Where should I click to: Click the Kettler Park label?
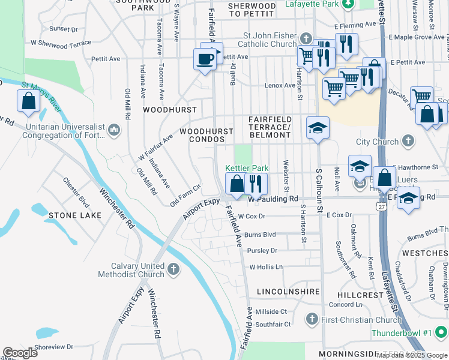(x=247, y=169)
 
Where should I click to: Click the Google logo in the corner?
(x=20, y=353)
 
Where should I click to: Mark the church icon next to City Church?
(x=408, y=142)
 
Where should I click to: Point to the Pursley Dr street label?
(x=262, y=251)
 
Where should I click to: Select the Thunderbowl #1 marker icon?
(x=441, y=332)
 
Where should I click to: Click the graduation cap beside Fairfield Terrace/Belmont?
(x=318, y=128)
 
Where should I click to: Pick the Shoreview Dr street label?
(x=53, y=346)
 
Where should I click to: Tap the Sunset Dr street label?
(x=64, y=29)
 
